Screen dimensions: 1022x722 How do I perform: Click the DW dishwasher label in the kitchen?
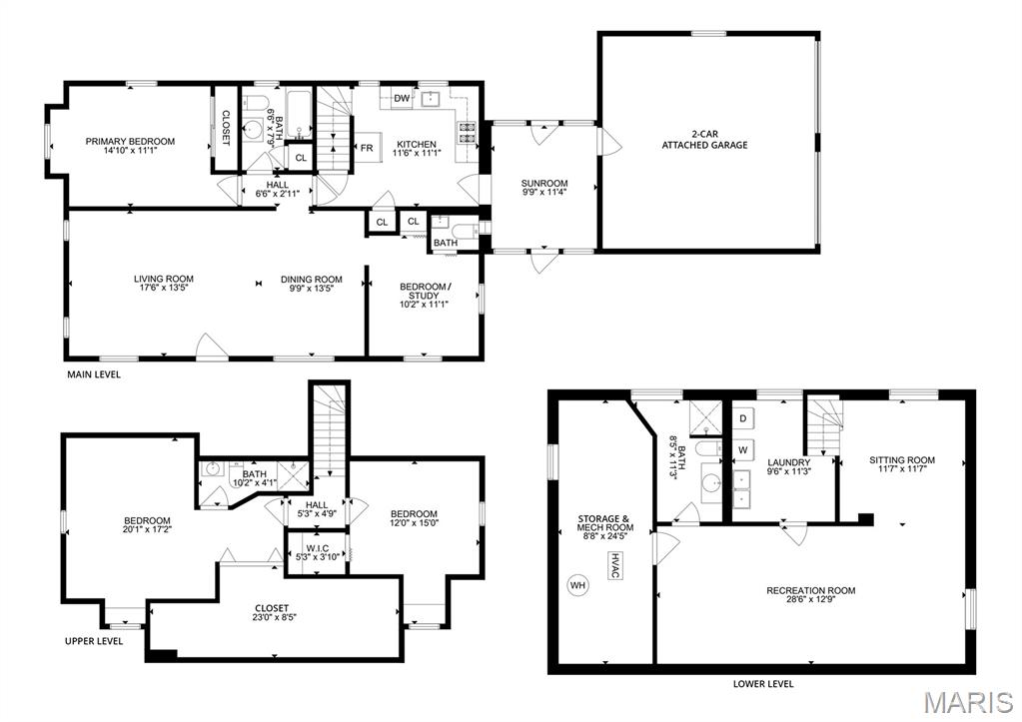tap(403, 99)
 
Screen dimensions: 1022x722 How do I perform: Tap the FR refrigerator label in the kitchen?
tap(367, 148)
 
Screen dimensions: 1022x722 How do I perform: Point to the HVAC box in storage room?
tap(614, 565)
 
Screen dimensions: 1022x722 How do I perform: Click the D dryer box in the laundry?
tap(743, 417)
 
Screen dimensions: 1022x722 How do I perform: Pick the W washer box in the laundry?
tap(743, 449)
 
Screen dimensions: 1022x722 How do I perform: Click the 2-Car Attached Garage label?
tap(704, 140)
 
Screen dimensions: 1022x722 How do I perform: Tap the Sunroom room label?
tap(544, 183)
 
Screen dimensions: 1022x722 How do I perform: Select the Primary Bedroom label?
tap(130, 141)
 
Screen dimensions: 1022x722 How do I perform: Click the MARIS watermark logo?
tap(969, 702)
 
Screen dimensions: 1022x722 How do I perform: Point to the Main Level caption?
tap(94, 374)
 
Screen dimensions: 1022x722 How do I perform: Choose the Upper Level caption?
tap(94, 640)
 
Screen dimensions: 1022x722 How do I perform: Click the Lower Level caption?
tap(763, 684)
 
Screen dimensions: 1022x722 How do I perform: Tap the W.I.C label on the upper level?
tap(317, 548)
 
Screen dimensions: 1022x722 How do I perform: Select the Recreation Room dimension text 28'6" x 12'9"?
tap(811, 599)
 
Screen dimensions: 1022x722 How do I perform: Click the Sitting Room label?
tap(902, 459)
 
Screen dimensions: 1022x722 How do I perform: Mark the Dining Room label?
tap(312, 279)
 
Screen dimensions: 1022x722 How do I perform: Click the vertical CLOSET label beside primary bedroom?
tap(226, 128)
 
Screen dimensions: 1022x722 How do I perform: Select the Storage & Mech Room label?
tap(605, 522)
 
